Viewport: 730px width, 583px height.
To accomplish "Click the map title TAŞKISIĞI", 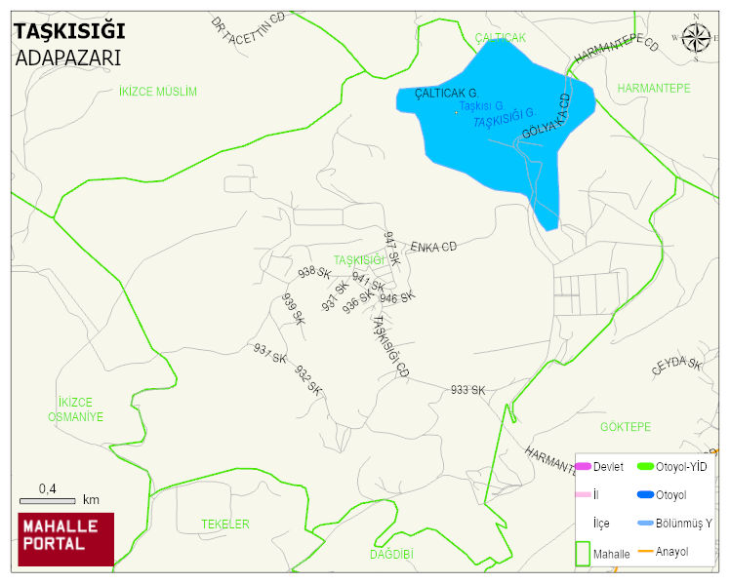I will click(68, 31).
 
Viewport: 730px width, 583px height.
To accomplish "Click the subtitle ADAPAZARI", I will click(67, 57).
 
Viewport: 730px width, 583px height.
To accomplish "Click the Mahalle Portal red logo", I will click(66, 539).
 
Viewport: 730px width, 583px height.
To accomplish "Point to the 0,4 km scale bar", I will click(60, 498).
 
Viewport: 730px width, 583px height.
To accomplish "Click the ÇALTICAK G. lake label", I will click(445, 94).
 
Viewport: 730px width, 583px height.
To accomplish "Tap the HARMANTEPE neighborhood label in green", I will click(653, 89).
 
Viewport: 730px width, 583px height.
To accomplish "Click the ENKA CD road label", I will click(433, 248).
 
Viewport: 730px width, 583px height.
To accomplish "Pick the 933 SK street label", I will click(467, 390).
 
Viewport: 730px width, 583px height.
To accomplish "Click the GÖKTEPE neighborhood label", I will click(625, 427).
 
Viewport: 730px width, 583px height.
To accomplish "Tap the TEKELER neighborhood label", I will click(225, 525).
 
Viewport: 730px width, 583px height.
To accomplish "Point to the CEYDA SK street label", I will click(676, 367).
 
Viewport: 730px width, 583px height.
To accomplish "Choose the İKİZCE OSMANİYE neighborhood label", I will click(75, 409).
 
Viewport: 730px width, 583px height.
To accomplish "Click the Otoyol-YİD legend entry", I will click(681, 467).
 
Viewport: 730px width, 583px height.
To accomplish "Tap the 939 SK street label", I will click(294, 309).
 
